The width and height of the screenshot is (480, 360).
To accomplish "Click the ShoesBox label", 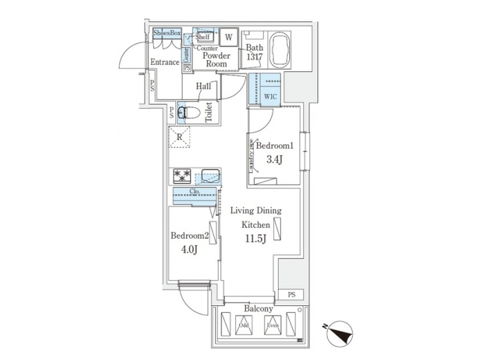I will [x=167, y=33].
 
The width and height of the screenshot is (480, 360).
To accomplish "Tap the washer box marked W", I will [x=228, y=37].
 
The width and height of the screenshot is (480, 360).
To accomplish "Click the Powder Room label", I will [x=216, y=60].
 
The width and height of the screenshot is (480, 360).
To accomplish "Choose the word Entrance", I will [x=164, y=63].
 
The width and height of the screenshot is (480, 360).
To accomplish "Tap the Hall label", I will [x=203, y=86].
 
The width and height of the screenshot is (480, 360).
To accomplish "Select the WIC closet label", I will [x=270, y=97].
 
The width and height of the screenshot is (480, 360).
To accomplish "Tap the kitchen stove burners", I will [x=181, y=176].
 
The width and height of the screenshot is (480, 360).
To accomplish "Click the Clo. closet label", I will [x=195, y=191].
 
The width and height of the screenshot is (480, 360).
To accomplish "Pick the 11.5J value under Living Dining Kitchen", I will [x=255, y=240].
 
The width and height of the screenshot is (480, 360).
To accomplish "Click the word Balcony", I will [x=257, y=309].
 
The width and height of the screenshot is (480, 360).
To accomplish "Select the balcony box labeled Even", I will [x=273, y=327].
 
